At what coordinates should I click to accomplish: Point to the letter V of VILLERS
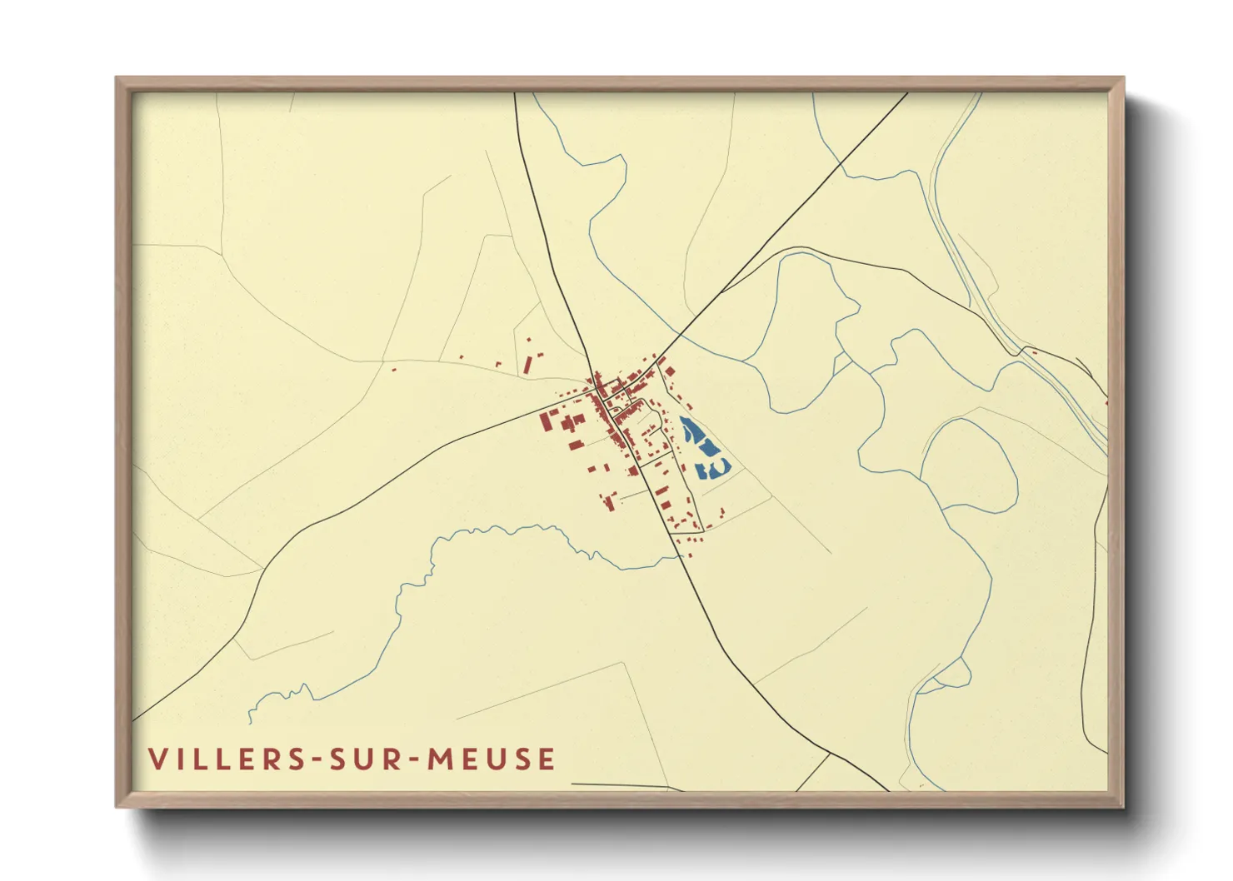(157, 759)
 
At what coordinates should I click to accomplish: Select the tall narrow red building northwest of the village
(527, 366)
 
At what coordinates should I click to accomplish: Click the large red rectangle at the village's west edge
(547, 421)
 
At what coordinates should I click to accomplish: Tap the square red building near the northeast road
(670, 371)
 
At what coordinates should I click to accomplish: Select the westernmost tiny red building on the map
(394, 367)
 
